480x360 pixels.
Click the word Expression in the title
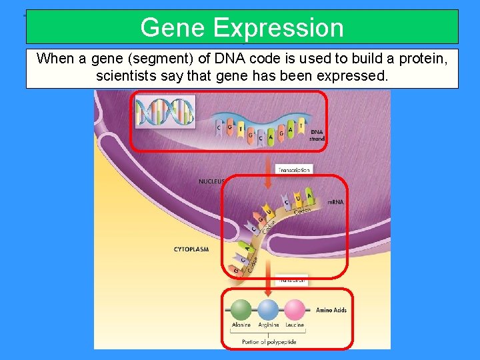coord(279,28)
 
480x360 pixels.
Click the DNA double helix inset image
coord(165,112)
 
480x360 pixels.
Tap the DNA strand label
coord(317,135)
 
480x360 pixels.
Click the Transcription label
coord(293,170)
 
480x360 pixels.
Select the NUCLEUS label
coord(213,181)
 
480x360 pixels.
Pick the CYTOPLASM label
coord(191,250)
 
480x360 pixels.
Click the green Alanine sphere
coord(241,309)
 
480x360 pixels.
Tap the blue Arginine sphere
coord(268,309)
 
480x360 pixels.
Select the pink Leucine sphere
coord(295,309)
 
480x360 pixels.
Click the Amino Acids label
coord(331,310)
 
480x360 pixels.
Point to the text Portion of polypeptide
coord(270,342)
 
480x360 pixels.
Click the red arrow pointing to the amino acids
coord(268,285)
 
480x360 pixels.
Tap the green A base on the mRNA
coord(309,195)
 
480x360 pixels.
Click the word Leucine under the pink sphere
coord(294,325)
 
